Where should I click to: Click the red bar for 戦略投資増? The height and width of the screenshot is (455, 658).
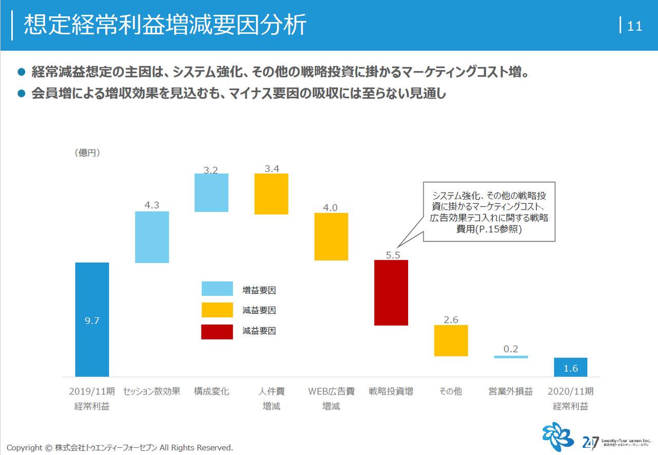pos(391,293)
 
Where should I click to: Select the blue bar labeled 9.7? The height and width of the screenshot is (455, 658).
pos(92,319)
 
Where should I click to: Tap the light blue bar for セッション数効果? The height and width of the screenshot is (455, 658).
pos(152,237)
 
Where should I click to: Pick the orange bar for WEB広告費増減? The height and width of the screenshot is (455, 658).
pos(331,237)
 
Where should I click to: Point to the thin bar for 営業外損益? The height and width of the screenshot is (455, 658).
pos(510,357)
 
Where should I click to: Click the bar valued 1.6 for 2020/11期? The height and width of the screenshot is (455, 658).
pos(571,368)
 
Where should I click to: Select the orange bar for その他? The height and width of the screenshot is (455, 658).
pos(451,340)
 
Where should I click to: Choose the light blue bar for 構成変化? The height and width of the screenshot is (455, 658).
pos(211,193)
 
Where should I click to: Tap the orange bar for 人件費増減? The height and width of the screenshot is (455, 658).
pos(271,194)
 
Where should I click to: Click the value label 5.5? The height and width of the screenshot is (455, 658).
pos(393,255)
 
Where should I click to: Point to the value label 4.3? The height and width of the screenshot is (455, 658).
pos(152,205)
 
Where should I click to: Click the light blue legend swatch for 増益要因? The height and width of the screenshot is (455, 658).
pos(217,289)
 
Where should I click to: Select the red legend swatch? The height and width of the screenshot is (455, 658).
pos(217,331)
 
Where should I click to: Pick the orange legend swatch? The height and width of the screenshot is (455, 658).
pos(217,310)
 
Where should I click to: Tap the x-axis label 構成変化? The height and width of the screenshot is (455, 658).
pos(211,392)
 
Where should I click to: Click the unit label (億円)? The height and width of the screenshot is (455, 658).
pos(87,153)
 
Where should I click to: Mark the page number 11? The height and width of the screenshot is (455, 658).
pos(635,26)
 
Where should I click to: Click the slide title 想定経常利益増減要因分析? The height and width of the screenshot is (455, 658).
pos(165,25)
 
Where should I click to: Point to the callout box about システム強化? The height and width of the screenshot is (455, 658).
pos(489,212)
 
